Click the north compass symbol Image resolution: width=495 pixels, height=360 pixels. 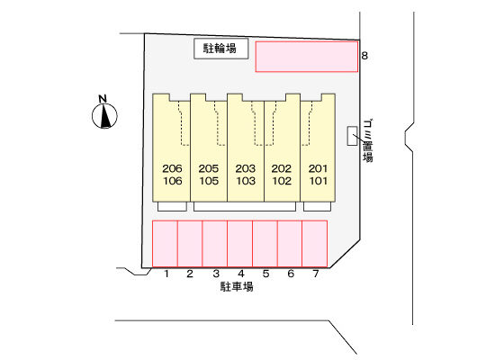pos(104,112)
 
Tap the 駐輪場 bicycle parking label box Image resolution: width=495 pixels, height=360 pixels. pos(221,49)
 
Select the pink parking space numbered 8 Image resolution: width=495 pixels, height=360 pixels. pos(307,57)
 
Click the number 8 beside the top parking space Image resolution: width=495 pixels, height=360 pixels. pos(364,56)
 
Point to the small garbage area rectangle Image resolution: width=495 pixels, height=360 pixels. pos(352,136)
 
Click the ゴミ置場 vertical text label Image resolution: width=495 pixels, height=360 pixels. pos(368,140)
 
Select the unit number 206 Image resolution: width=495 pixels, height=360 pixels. pos(172,168)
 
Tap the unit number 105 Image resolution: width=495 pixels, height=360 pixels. pos(209,181)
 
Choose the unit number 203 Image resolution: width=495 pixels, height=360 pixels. pos(246,168)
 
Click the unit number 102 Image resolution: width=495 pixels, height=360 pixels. pos(282,181)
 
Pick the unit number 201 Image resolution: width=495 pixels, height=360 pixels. pos(318,168)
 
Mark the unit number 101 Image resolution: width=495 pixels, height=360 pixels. pos(319,181)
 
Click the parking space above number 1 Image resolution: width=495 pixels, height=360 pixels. pos(165,244)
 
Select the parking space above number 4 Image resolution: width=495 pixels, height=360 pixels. pos(240,244)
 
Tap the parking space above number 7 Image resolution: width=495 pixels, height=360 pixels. pos(315,244)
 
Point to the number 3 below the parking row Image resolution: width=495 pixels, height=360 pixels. pos(216,274)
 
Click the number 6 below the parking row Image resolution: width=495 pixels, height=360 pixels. pos(291,274)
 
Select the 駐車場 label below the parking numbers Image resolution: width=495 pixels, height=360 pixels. pos(237,287)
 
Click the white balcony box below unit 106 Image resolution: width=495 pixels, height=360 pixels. pos(172,206)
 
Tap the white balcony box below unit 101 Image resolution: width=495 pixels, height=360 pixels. pos(318,206)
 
